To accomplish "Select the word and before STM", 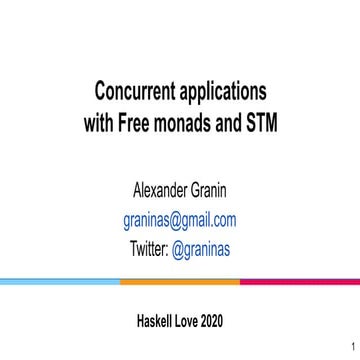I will coord(229,126).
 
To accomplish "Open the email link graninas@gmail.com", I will coord(180,220).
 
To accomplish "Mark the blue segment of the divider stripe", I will coord(60,281).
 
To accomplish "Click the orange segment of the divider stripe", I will coord(180,281).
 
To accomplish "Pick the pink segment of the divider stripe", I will coord(300,281).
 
